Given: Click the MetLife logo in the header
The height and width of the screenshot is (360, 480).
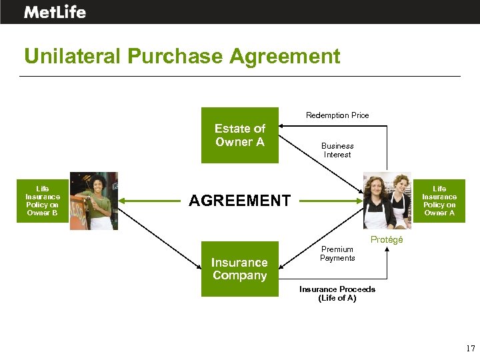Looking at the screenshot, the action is click(55, 12).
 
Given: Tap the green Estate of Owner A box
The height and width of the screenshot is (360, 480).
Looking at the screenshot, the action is click(240, 135).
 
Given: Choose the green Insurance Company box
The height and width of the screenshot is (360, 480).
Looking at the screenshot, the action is click(239, 269).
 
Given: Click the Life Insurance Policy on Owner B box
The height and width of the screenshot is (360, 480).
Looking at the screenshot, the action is click(43, 201).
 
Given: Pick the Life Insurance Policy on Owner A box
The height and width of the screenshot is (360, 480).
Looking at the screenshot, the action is click(439, 201).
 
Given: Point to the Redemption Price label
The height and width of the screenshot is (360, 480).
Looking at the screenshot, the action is click(337, 115).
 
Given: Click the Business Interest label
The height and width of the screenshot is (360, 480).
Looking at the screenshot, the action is click(337, 150).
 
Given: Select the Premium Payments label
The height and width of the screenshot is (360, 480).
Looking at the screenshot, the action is click(337, 254).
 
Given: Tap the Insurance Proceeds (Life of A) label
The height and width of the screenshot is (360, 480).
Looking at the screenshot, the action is click(337, 293).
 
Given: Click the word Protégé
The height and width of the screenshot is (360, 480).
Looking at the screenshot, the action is click(387, 240).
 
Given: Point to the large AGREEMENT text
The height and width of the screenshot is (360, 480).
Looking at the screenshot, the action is click(240, 201).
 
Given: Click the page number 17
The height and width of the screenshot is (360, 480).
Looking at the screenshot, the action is click(470, 348).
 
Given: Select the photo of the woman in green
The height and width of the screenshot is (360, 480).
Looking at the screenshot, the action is click(94, 201).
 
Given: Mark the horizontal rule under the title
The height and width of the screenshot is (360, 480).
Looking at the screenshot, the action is click(240, 76).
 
